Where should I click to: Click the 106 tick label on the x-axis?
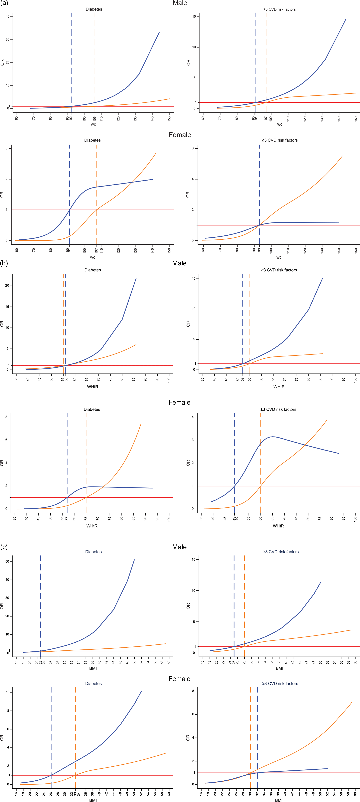95,119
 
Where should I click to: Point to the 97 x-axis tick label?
266,119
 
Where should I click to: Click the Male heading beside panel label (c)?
179,547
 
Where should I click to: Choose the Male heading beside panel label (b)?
179,263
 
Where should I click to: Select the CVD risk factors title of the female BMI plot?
280,683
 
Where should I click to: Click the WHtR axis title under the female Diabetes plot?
92,526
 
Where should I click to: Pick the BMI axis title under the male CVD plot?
279,668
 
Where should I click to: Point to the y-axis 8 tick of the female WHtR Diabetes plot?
6,417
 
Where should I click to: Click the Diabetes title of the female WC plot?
92,140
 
